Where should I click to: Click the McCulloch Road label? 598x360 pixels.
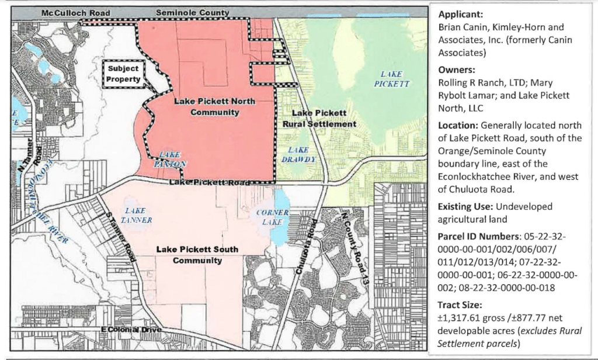(75, 13)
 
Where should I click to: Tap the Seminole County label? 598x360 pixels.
(193, 13)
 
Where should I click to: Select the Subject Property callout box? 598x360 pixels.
(124, 74)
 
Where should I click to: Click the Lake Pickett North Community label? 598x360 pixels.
(215, 106)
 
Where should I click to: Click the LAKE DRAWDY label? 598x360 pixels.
(298, 154)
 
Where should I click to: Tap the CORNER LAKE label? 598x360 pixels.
(273, 217)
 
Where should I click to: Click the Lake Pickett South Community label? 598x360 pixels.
(197, 255)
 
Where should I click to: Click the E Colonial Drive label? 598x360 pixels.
(131, 330)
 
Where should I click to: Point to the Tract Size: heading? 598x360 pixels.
(459, 305)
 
